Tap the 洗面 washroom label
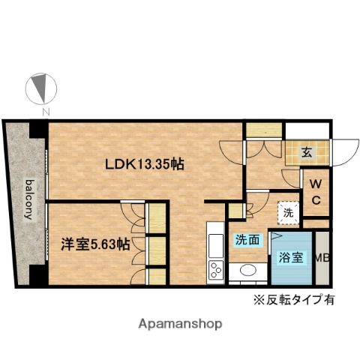(247, 241)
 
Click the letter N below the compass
(46, 112)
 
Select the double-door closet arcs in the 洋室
(134, 219)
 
